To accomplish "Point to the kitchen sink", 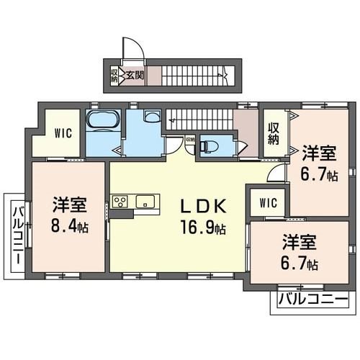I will click(x=145, y=201).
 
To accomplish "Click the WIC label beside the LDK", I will click(x=268, y=202).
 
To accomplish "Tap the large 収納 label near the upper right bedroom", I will click(x=274, y=134).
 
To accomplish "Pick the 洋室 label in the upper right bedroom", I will click(x=318, y=153).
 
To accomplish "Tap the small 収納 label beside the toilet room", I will click(x=189, y=139).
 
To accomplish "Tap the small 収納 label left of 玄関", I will click(x=114, y=74).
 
